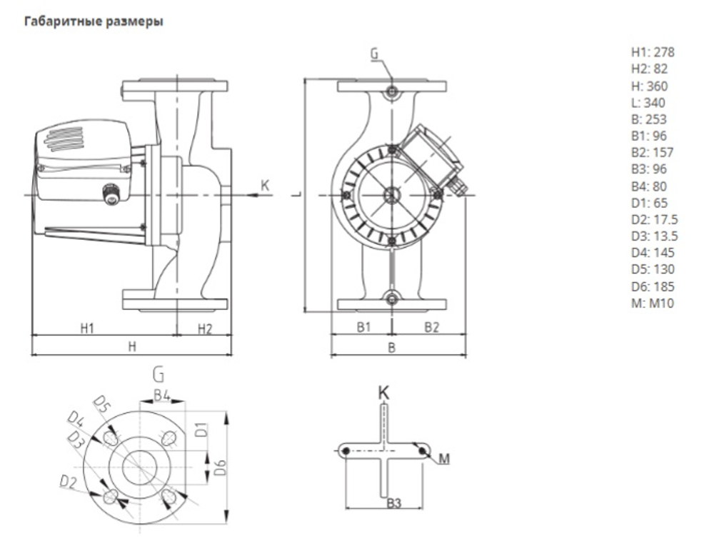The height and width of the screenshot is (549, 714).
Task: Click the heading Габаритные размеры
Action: (94, 21)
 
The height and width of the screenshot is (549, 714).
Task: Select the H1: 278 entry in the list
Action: (652, 52)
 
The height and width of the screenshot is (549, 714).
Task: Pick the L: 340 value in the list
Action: (648, 103)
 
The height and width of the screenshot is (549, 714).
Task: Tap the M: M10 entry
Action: (652, 303)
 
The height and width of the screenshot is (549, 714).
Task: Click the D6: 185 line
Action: (653, 286)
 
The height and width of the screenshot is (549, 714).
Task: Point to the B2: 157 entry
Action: (652, 152)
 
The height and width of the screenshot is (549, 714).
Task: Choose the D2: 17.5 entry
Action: (655, 219)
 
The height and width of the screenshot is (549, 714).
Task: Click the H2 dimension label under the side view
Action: (204, 328)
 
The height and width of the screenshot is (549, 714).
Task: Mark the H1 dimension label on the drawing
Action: (87, 328)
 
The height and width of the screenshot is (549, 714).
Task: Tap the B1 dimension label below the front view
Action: (363, 328)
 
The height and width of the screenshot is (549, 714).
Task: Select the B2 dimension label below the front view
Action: (432, 328)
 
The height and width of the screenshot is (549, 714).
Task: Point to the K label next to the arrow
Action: (265, 186)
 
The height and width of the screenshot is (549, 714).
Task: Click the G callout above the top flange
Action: (376, 54)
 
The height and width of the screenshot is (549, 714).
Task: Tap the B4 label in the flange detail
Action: (161, 394)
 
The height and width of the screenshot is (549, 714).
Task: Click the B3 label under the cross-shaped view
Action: (393, 503)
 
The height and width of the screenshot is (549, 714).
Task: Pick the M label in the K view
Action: (444, 459)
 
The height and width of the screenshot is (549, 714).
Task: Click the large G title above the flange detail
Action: (159, 373)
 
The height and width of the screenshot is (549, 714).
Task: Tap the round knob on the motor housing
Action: (111, 193)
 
